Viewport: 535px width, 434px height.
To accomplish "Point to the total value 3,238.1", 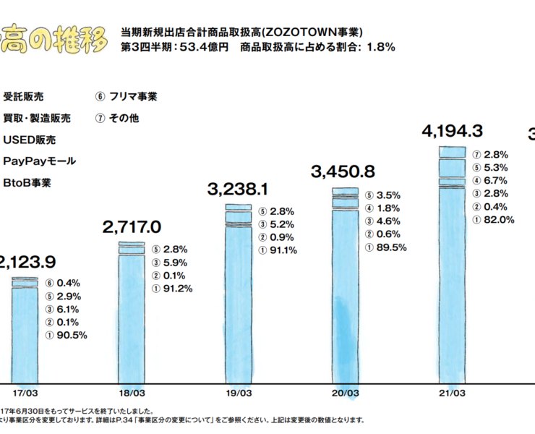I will point(238,190).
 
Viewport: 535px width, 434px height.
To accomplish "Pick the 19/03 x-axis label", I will point(239,393).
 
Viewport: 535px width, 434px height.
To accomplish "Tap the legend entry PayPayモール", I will point(39,161).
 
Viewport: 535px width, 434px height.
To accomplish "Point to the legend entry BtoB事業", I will point(27,183).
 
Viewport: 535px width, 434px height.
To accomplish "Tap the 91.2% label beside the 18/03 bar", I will point(179,288).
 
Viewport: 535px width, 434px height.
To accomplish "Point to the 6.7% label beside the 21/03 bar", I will point(496,181).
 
